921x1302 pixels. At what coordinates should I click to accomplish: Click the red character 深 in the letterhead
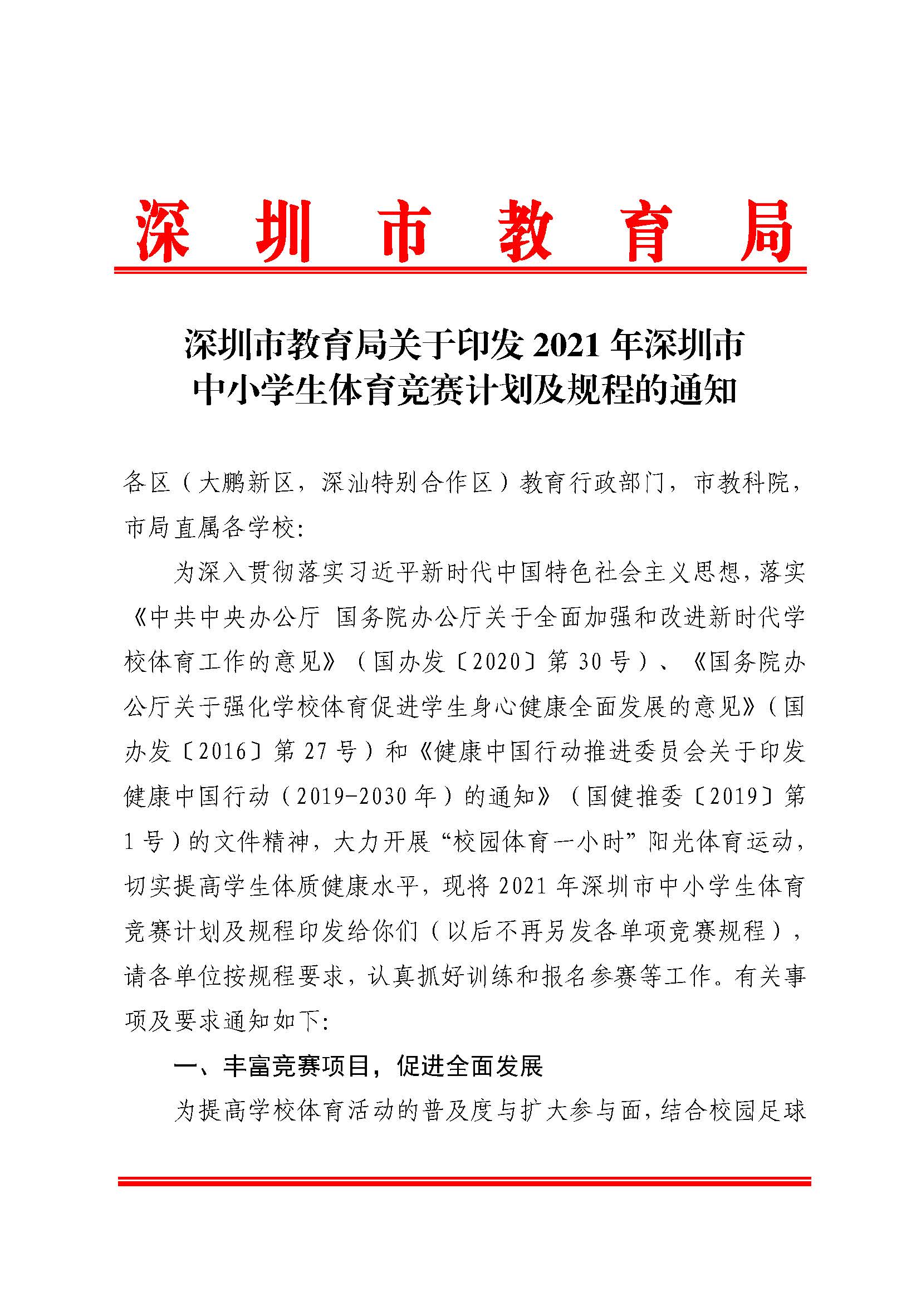click(163, 231)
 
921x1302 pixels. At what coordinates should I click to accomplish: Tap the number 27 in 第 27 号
click(316, 752)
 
